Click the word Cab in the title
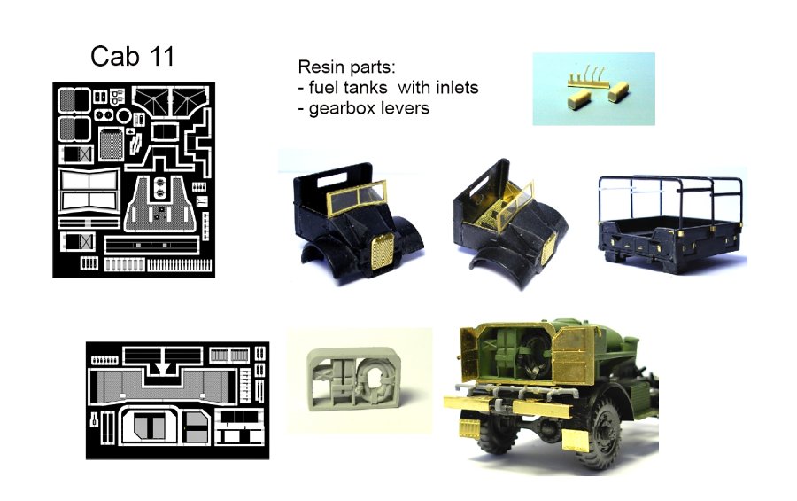click(115, 56)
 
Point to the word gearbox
click(344, 109)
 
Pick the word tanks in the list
click(363, 88)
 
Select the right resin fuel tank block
click(618, 90)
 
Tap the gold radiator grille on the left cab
click(383, 253)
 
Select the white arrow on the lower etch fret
click(163, 368)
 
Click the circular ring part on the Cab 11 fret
click(123, 115)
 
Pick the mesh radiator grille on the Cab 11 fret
click(111, 144)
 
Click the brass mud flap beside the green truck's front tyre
click(576, 440)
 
